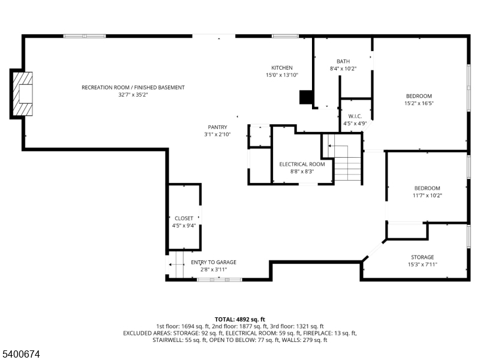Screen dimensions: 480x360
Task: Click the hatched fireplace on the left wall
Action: point(23,94)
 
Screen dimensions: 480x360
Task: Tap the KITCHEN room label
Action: point(281,68)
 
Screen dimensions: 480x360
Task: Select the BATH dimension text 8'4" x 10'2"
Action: point(343,68)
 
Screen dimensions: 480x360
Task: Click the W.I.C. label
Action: point(355,116)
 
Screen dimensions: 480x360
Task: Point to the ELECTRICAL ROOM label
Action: point(302,164)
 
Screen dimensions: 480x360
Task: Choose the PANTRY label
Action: point(217,127)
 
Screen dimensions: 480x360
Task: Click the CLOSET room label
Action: point(184,218)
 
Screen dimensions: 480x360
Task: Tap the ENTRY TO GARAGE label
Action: point(214,262)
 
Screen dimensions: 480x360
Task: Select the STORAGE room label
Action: point(422,257)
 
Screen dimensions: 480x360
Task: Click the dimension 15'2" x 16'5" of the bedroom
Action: point(419,103)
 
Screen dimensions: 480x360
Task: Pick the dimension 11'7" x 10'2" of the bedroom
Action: point(427,196)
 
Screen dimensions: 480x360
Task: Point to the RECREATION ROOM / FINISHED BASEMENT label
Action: point(133,88)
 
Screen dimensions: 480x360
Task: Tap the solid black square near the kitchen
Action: point(305,97)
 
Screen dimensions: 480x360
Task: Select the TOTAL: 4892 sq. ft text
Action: point(239,320)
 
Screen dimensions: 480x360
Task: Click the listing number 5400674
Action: point(20,354)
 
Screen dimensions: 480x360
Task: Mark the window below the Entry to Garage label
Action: point(220,280)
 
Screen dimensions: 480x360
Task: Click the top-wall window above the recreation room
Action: point(85,36)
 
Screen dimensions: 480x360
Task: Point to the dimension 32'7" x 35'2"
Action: point(133,95)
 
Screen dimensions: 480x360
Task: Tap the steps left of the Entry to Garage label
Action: point(176,265)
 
